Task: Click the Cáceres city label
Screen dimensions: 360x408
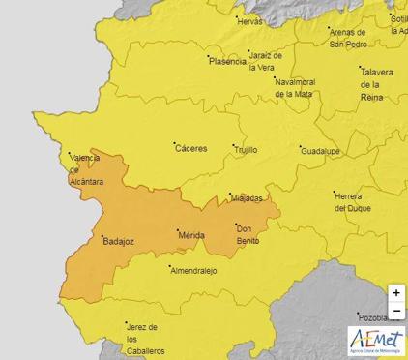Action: click(x=190, y=148)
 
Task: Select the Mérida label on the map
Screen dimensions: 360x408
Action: click(x=191, y=235)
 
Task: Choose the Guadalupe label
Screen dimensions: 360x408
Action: click(x=319, y=152)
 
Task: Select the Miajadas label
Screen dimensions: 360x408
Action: click(x=247, y=198)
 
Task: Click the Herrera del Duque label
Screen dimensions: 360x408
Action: click(x=353, y=201)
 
